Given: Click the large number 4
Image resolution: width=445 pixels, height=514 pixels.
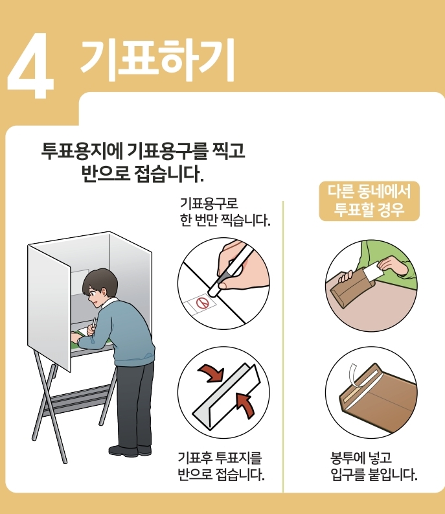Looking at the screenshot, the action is click(x=31, y=65).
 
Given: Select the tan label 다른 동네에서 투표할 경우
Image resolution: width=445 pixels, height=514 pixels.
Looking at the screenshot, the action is click(x=369, y=201).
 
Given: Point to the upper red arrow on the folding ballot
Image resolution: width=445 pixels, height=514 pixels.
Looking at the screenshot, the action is click(x=211, y=374).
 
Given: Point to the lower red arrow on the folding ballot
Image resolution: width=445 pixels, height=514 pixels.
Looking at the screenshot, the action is click(x=244, y=406).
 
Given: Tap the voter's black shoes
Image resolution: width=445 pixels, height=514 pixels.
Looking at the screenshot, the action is click(x=130, y=450).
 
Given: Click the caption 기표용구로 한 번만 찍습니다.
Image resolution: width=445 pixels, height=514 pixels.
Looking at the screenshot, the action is click(x=225, y=212).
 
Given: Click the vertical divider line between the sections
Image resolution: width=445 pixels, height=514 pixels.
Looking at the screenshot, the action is click(x=283, y=347).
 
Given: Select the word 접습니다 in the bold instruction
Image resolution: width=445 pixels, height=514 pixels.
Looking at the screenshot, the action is click(x=169, y=174).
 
